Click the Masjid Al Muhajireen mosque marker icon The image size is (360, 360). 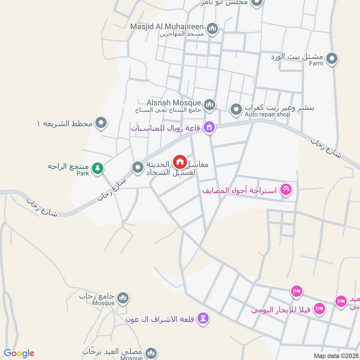pos(213,29)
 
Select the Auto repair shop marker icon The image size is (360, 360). pos(236,109)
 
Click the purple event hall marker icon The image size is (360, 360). pos(209,128)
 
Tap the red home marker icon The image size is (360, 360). pos(180,161)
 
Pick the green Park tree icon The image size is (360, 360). pos(97,169)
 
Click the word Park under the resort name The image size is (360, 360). pos(82,173)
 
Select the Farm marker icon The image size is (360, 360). pos(332,58)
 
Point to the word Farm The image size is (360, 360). pos(316,63)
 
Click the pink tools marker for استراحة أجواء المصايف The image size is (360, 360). pos(285,189)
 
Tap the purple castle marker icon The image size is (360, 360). pos(203,319)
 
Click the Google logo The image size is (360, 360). pos(19,353)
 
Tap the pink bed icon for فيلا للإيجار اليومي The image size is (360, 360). pos(319,309)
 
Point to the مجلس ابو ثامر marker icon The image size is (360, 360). pos(257,3)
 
